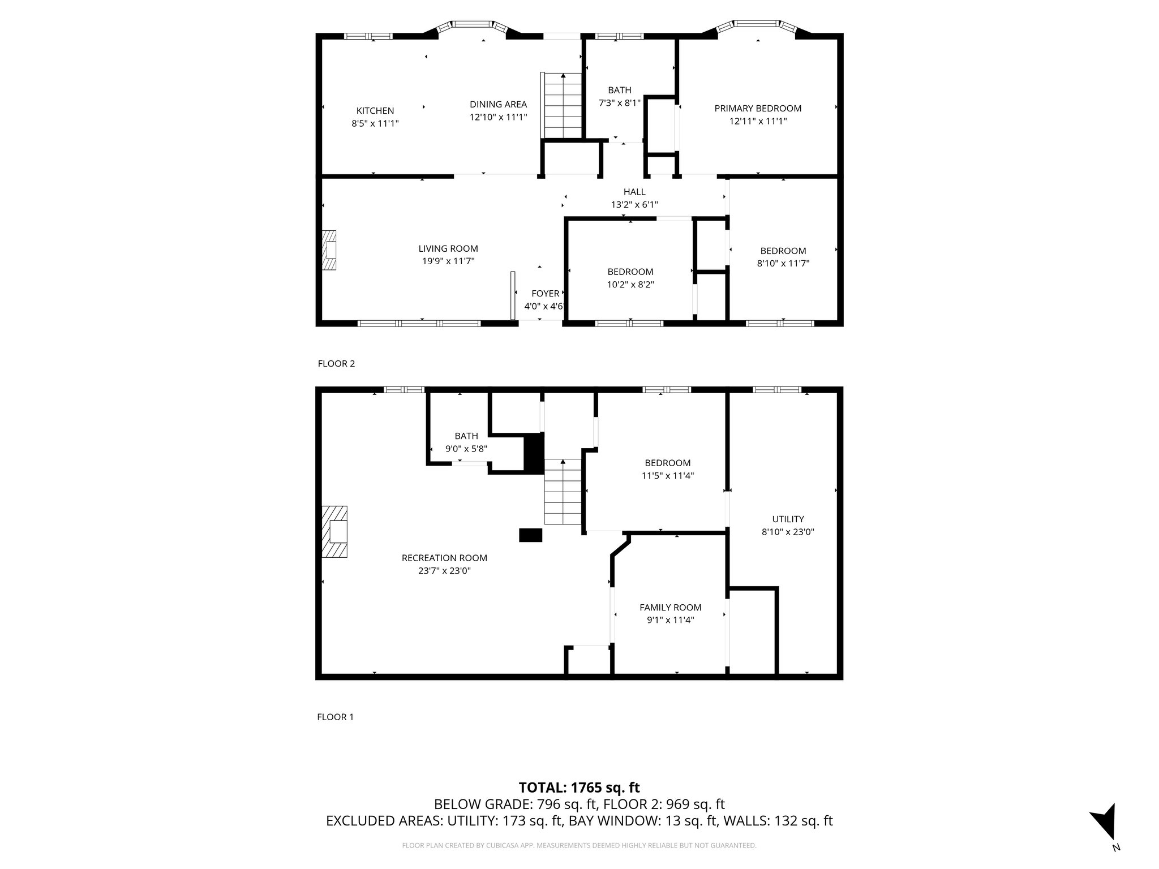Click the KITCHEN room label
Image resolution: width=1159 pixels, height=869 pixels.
(375, 111)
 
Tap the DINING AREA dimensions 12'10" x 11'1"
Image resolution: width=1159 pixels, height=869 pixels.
(498, 117)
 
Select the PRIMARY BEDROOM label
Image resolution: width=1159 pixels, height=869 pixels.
(758, 109)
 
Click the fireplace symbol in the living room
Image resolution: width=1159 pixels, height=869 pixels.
(329, 251)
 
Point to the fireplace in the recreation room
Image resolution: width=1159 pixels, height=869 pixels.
(334, 532)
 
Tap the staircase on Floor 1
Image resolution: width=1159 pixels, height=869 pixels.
(563, 492)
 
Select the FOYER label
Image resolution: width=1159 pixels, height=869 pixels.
(545, 294)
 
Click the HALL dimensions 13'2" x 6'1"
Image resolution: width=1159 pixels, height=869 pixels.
(634, 205)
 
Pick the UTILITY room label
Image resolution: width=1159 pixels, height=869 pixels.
(788, 519)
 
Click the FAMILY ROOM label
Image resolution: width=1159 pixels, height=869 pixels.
(670, 608)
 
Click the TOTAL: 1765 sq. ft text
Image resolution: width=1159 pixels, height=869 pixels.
(579, 788)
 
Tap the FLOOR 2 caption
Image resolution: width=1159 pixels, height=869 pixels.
(336, 364)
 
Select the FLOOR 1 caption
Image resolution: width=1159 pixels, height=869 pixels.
(335, 717)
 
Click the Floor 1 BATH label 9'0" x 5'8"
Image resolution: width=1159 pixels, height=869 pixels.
(466, 442)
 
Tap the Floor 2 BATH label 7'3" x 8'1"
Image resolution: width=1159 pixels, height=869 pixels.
(620, 96)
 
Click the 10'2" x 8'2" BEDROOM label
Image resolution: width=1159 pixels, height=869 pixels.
(630, 278)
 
